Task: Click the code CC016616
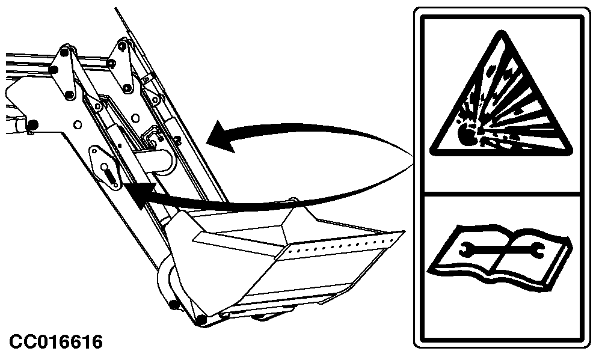point(56,341)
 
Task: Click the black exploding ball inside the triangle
point(467,134)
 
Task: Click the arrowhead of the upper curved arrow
point(221,137)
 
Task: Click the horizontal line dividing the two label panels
point(502,194)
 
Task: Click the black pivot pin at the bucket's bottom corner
point(201,319)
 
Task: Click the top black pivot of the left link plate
point(64,52)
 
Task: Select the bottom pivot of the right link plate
point(127,88)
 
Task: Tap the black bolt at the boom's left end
point(33,125)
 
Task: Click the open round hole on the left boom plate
point(77,124)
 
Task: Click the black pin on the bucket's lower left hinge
point(174,305)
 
